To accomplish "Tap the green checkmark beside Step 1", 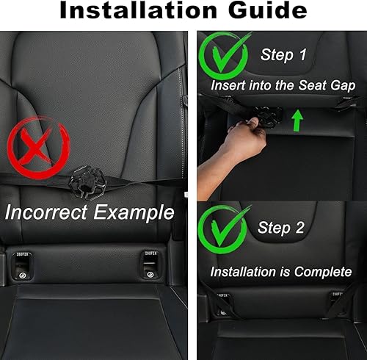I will coord(225,59).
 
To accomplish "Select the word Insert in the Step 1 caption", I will coord(228,85).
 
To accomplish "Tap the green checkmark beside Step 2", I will coord(225,230).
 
